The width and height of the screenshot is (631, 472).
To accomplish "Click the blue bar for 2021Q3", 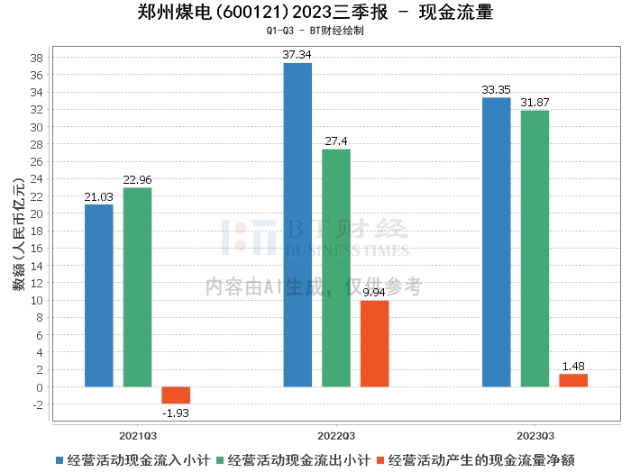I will [x=98, y=295].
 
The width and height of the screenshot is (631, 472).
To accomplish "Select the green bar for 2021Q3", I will [x=137, y=287].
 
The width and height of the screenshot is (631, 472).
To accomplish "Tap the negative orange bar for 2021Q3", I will [x=176, y=395].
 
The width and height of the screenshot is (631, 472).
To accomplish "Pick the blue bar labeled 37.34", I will [x=297, y=225].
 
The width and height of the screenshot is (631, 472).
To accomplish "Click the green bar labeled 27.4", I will [x=336, y=268].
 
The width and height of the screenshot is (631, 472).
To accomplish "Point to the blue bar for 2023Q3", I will [x=496, y=242].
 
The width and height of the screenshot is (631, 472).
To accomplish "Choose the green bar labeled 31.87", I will [x=535, y=249].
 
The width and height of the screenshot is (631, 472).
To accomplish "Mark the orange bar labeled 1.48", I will [x=573, y=380].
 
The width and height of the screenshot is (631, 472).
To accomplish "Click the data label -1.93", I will [x=176, y=413].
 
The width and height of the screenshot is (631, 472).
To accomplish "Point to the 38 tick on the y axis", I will [x=38, y=58].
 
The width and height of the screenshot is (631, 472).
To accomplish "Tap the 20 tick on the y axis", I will [x=38, y=213].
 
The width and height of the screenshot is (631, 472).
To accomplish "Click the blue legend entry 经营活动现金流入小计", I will [x=133, y=459].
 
